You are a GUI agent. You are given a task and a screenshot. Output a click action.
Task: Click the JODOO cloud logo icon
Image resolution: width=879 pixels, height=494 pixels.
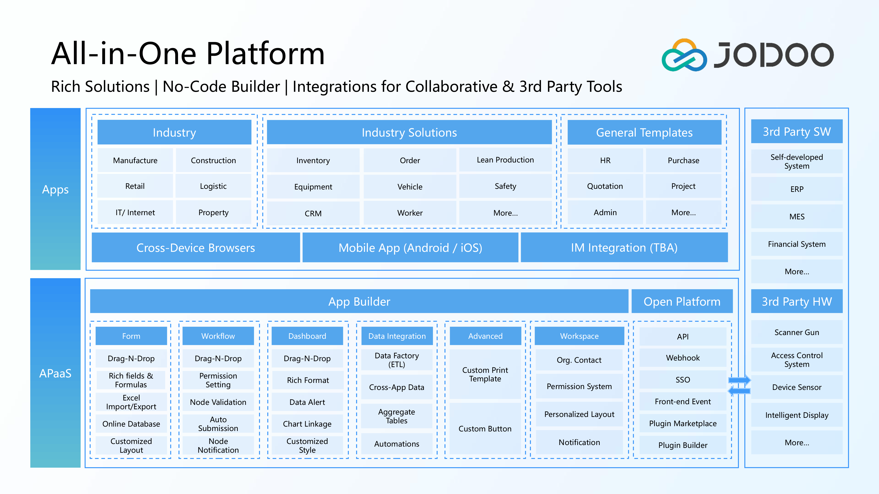684,55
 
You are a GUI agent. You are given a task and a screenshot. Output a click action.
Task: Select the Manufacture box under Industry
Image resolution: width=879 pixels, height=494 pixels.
135,160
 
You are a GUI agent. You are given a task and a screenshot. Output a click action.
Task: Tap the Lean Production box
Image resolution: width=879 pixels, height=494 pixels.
505,160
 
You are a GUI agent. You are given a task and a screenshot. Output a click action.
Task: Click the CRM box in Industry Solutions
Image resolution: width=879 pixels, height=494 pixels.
313,213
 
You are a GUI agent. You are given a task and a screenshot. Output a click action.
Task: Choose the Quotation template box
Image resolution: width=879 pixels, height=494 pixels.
605,186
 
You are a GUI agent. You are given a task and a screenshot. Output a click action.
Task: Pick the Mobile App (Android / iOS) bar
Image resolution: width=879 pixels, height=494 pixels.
410,247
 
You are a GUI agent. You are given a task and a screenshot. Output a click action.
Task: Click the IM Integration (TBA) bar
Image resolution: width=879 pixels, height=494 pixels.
624,247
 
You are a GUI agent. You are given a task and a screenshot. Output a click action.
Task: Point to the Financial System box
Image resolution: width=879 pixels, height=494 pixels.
797,244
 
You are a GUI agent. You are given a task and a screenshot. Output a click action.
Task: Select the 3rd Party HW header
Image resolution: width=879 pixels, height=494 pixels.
797,301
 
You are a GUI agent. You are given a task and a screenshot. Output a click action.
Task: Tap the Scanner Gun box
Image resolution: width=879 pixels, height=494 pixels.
797,332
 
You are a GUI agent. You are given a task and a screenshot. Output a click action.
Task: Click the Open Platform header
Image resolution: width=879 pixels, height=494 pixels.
682,301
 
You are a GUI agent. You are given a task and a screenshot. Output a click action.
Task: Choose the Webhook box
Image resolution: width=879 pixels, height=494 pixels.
683,358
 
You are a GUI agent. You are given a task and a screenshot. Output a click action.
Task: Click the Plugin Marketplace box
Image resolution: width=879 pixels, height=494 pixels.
683,424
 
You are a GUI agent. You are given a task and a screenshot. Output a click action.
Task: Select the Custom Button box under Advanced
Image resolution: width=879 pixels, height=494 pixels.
485,429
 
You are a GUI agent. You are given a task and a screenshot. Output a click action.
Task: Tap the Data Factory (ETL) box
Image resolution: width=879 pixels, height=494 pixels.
396,360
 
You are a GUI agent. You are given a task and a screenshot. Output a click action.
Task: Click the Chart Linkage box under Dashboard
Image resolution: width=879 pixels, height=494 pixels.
307,424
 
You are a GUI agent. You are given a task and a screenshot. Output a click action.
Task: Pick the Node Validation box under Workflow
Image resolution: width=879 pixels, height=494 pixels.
218,402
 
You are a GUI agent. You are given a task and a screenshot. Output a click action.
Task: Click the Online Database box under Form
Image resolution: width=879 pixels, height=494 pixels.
131,424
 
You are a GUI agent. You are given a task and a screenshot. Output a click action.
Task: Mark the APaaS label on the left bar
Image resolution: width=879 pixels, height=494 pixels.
55,373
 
